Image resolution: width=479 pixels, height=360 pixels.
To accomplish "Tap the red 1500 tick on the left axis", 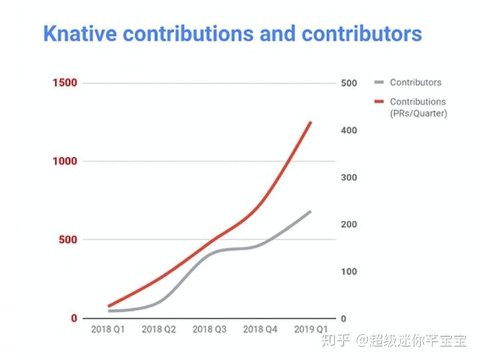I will [66, 83].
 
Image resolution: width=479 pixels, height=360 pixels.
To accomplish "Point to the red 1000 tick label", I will [66, 162].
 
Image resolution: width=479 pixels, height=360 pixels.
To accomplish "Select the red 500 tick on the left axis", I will [69, 240].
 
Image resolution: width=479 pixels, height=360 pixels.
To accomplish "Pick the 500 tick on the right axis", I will [349, 83].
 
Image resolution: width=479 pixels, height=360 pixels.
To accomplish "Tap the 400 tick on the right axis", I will [349, 130].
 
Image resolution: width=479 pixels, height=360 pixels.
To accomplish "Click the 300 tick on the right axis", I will [349, 178].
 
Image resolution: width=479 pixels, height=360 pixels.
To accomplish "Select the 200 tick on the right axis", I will [349, 225].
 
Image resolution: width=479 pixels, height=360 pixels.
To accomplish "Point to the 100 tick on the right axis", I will [349, 271].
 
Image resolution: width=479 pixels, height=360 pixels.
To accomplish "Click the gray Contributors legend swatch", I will [379, 83].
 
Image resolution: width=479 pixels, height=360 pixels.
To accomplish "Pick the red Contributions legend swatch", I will [379, 102].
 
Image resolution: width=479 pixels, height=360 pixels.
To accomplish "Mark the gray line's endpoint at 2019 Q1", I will [311, 212].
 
